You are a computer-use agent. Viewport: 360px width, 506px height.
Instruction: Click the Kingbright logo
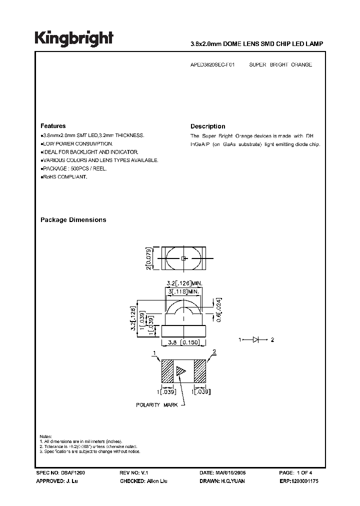point(73,38)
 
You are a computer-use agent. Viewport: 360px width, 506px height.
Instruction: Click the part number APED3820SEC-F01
point(212,65)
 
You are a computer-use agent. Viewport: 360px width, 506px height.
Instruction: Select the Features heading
point(53,126)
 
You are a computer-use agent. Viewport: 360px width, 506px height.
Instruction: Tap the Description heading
point(208,126)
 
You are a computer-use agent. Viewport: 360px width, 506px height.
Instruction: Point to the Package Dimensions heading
point(73,220)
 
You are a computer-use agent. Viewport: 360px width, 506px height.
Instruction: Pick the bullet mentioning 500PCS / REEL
point(73,168)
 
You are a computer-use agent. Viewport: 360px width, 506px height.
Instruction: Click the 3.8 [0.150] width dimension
point(183,343)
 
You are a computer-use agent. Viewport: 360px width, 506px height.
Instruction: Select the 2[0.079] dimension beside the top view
point(148,258)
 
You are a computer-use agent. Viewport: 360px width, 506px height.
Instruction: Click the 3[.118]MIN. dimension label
point(183,290)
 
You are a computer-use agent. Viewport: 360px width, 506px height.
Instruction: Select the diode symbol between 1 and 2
point(255,339)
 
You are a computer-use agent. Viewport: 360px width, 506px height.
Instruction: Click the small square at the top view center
point(183,258)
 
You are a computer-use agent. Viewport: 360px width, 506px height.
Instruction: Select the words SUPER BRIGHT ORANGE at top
point(280,65)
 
